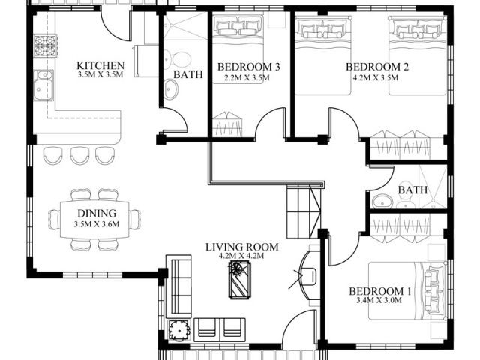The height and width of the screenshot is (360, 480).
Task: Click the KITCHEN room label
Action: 100,65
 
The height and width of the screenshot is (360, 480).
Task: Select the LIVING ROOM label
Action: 241,247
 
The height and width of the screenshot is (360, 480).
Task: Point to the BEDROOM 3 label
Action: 248,67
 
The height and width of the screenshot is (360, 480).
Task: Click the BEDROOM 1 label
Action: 380,291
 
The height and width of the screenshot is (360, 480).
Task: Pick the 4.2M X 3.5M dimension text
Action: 376,77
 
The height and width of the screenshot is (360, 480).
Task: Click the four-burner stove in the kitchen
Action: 45,46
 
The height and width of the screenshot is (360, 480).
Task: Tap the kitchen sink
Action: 43,85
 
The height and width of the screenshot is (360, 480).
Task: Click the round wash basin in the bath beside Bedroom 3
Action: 170,88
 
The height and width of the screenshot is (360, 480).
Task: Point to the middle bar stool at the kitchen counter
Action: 79,155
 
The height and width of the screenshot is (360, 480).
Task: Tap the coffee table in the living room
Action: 238,280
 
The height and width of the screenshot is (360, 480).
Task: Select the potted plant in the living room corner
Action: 178,330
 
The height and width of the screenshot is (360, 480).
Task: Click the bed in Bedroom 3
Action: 238,49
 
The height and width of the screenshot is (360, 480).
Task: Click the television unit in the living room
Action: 308,275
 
